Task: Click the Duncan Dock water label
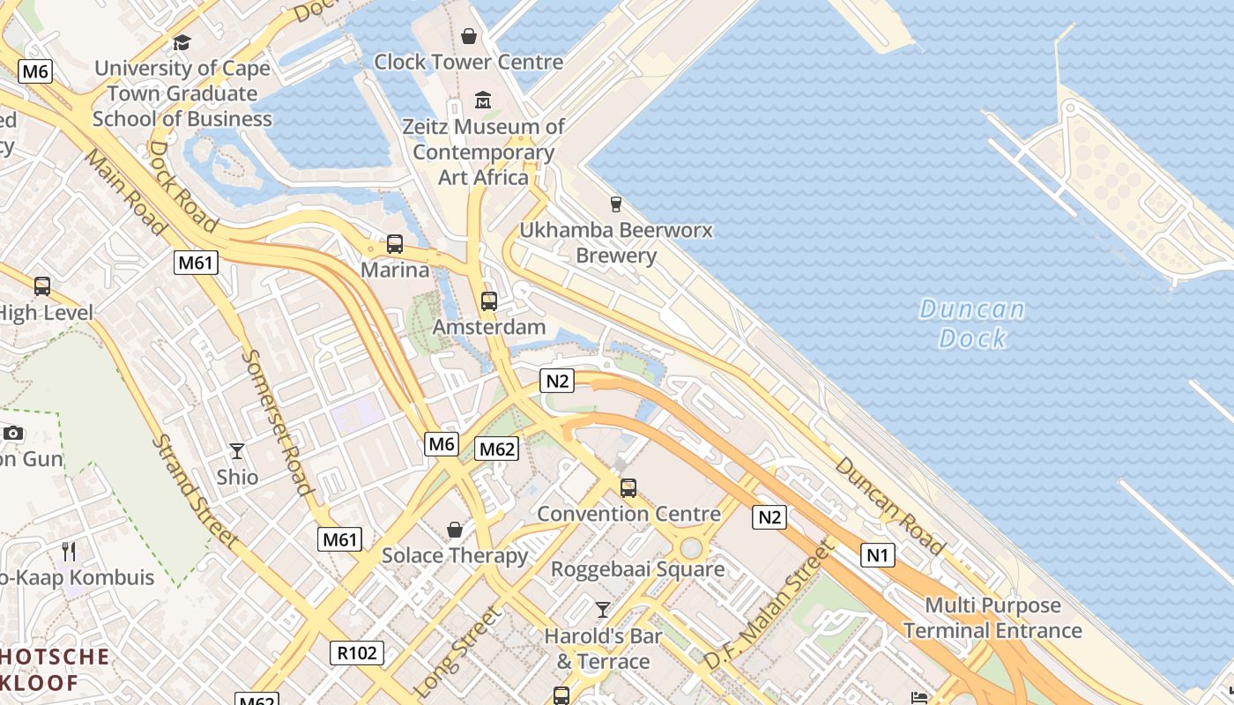(972, 323)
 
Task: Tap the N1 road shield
(878, 555)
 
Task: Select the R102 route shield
(358, 653)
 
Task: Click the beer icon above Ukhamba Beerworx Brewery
(616, 204)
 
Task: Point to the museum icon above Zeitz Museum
(483, 100)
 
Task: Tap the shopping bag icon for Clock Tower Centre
(469, 36)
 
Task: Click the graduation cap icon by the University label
(182, 42)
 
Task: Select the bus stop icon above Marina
(395, 243)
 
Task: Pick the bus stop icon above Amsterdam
(489, 301)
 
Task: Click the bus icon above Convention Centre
(628, 487)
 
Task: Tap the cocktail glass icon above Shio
(237, 451)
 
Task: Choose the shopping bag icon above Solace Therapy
(455, 530)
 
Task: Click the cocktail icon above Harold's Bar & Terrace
(603, 609)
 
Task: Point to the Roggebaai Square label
(638, 569)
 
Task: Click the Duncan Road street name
(888, 506)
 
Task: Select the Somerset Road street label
(277, 422)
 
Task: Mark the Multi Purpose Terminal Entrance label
(992, 618)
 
